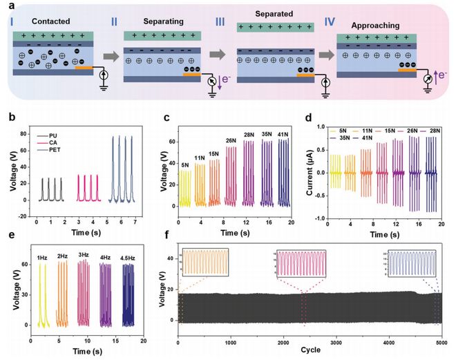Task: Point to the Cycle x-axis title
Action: pos(309,350)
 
